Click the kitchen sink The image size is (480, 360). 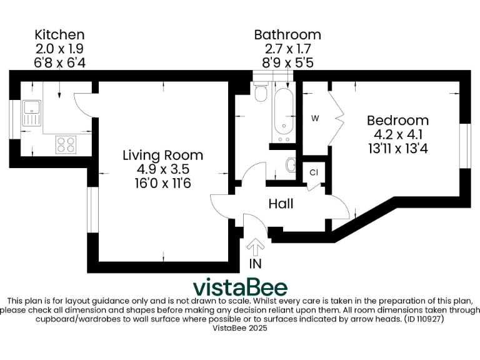pyautogui.click(x=31, y=114)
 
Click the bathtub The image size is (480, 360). pyautogui.click(x=283, y=116)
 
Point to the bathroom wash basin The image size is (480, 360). pyautogui.click(x=291, y=165)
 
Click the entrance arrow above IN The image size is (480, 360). pyautogui.click(x=256, y=245)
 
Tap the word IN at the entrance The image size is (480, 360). pyautogui.click(x=255, y=264)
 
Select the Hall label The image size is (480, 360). pyautogui.click(x=281, y=204)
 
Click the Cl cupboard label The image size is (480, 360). pyautogui.click(x=314, y=172)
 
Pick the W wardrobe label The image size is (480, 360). pyautogui.click(x=316, y=118)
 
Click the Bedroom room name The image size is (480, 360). pyautogui.click(x=397, y=120)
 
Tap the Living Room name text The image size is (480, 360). pyautogui.click(x=162, y=155)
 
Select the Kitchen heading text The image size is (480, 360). pyautogui.click(x=59, y=34)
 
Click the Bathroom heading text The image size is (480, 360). pyautogui.click(x=287, y=34)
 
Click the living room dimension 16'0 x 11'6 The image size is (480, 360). pyautogui.click(x=162, y=183)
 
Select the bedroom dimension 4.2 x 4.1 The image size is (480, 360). pyautogui.click(x=397, y=134)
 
